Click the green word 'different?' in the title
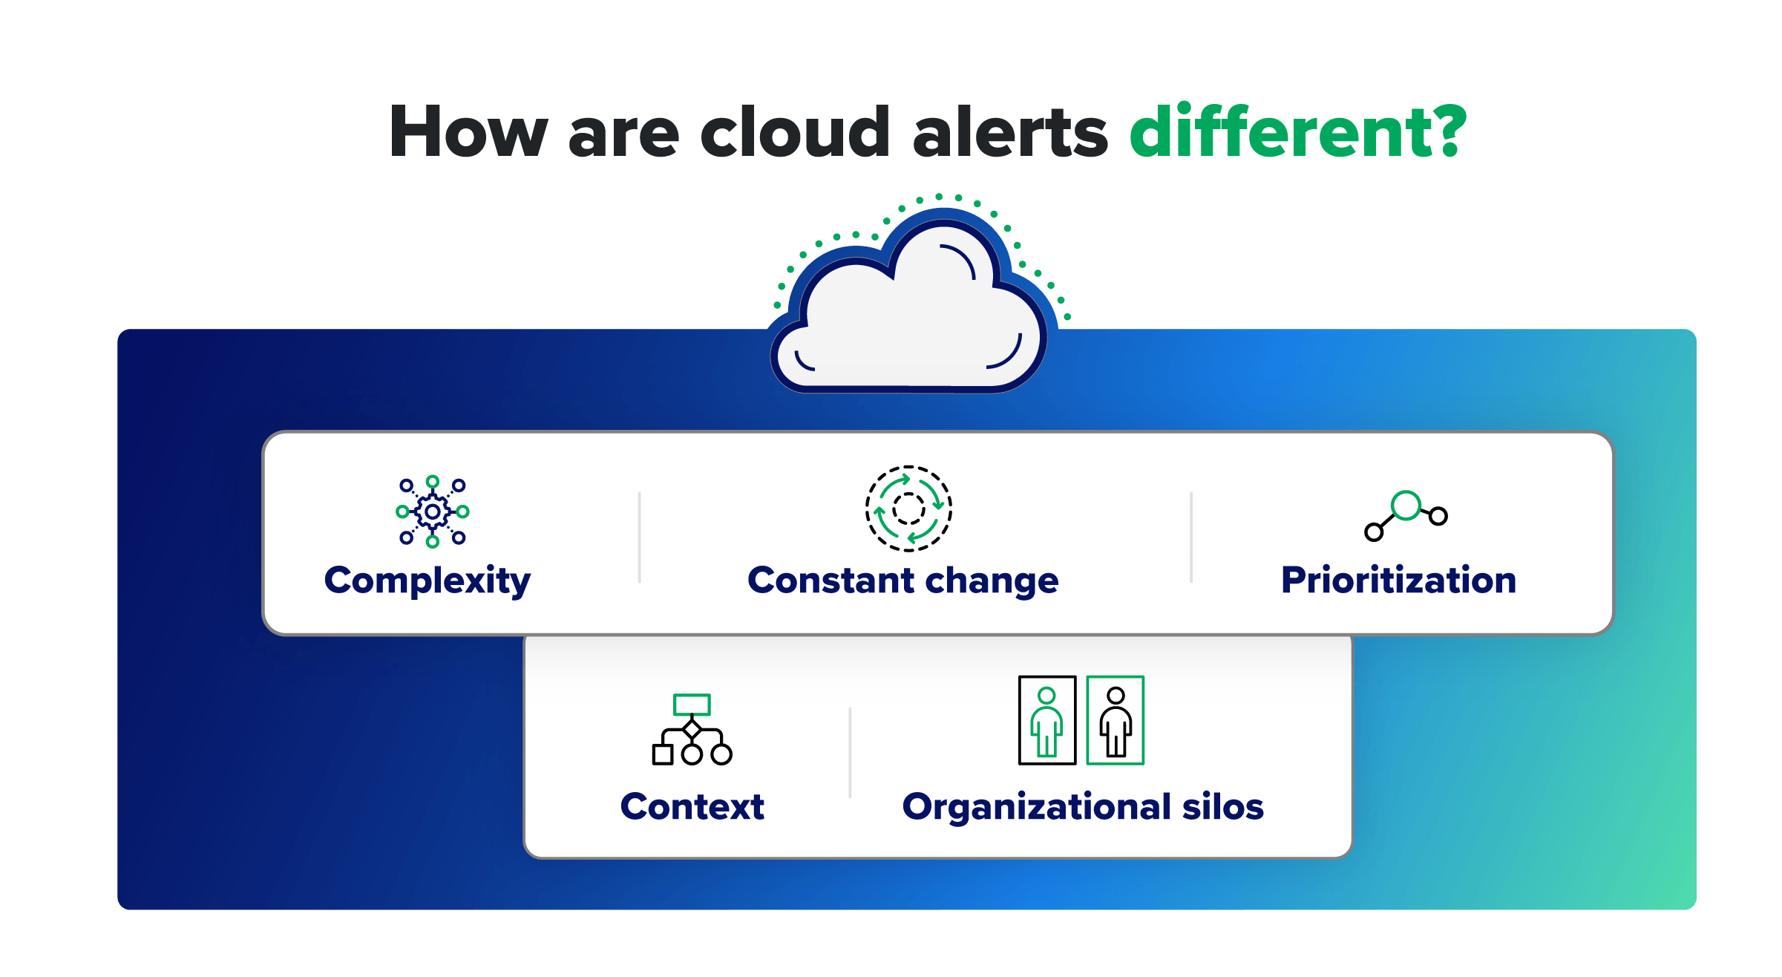[1297, 132]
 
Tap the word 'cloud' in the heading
[794, 132]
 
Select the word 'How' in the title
[468, 132]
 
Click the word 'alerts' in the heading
[1010, 132]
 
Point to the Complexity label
[428, 581]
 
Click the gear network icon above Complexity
[433, 512]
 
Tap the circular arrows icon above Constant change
[908, 509]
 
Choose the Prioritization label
[1398, 581]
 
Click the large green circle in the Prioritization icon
[1406, 506]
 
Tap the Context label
[692, 807]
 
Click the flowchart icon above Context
[692, 730]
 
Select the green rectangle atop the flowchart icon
[692, 704]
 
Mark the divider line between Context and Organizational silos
[850, 753]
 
